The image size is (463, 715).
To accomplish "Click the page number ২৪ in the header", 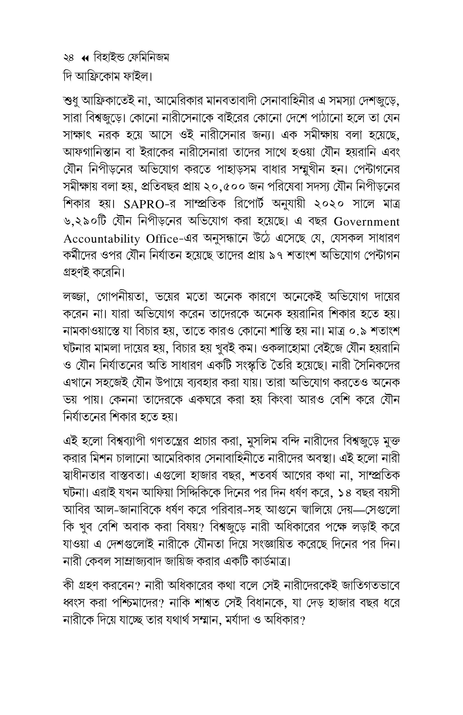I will (x=68, y=58).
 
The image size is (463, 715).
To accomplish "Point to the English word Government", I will (x=366, y=222).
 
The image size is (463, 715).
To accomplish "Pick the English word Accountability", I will (x=102, y=239).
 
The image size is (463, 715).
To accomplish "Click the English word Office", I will (x=162, y=239).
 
